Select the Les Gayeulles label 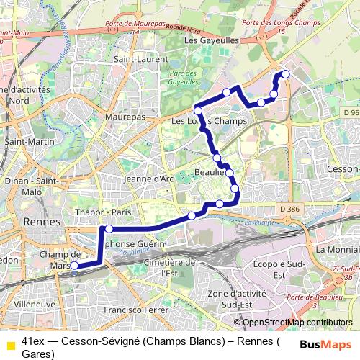click(211, 42)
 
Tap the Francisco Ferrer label click(135, 310)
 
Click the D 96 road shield click(351, 113)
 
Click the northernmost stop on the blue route click(285, 74)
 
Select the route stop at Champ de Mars click(74, 266)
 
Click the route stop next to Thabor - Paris click(109, 229)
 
